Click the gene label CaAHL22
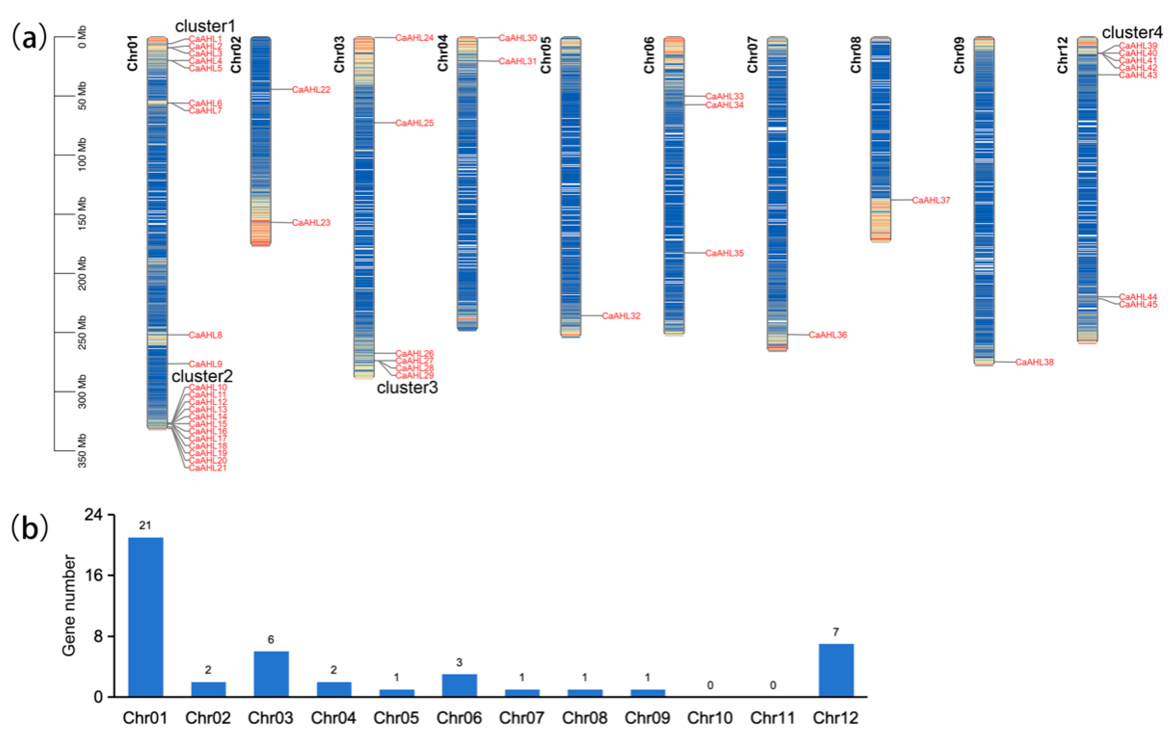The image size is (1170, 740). [311, 90]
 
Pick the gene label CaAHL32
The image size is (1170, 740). [621, 316]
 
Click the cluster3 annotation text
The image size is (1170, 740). [407, 387]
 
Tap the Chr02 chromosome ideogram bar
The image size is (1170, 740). [261, 141]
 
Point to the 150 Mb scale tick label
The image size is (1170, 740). [82, 214]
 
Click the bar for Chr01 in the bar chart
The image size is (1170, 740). [146, 617]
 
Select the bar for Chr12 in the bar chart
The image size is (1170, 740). [836, 670]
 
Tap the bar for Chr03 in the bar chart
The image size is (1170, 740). [271, 674]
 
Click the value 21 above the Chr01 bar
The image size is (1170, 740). [145, 525]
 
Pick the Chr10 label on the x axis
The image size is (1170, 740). [709, 718]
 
